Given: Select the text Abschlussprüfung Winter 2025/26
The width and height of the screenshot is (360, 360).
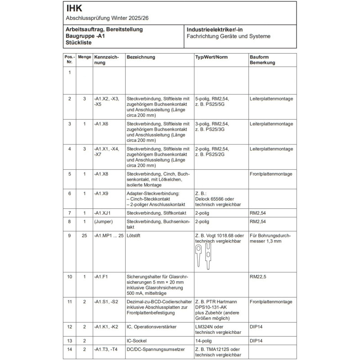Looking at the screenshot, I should (107, 18).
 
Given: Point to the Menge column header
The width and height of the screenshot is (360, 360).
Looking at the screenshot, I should (84, 57).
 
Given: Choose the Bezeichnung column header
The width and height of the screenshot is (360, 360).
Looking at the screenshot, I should (141, 57).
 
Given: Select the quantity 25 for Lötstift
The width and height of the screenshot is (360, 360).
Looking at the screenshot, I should (84, 236).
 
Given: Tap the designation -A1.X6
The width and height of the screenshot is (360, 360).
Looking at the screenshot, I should (103, 124).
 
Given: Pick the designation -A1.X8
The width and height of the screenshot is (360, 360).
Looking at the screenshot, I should (103, 174).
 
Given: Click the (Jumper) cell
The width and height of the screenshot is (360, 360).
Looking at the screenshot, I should (103, 222).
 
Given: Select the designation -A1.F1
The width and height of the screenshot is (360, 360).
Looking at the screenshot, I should (102, 277).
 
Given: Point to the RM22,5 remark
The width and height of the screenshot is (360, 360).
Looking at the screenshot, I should (259, 277).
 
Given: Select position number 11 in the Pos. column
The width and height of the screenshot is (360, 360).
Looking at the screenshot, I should (69, 301).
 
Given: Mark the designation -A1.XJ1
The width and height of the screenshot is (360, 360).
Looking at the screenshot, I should (103, 212).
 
